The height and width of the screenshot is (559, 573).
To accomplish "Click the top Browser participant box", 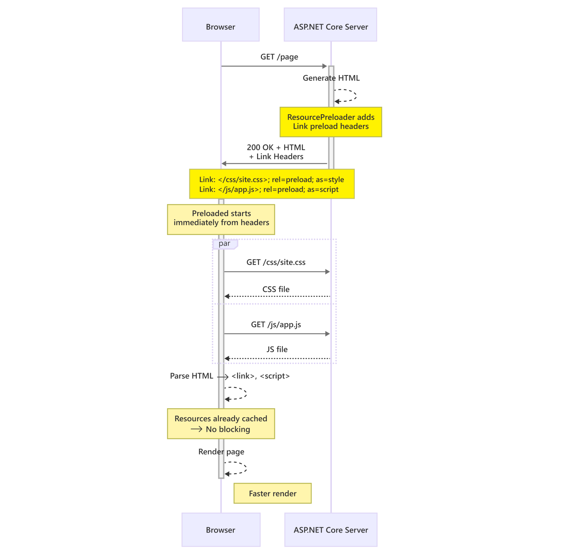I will coord(221,25).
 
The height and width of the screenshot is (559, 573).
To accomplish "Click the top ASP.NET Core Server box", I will coord(330,25).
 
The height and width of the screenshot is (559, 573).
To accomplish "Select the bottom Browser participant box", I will coord(221,530).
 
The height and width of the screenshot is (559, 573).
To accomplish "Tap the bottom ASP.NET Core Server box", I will coord(331,530).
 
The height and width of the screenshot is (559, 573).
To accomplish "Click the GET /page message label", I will coord(279,57).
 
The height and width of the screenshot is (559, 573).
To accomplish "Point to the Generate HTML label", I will coord(331,78).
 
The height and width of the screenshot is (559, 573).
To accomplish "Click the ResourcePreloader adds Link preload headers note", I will coord(331,122).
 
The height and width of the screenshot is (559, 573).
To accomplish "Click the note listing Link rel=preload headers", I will coord(271,184).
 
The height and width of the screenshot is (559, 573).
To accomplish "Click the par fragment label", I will coord(225,244).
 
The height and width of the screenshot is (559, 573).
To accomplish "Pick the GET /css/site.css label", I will coord(276,262).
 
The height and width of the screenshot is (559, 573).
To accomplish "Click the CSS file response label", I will coord(276,289).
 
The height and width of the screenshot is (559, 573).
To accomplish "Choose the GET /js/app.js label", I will coord(276,324).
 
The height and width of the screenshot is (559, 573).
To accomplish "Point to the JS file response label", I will coord(277,349).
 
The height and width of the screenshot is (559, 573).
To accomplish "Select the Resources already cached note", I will coord(221,424).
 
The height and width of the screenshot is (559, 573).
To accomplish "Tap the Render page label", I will coord(221,451).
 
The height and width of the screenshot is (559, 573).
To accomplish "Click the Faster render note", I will coord(273,493).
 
